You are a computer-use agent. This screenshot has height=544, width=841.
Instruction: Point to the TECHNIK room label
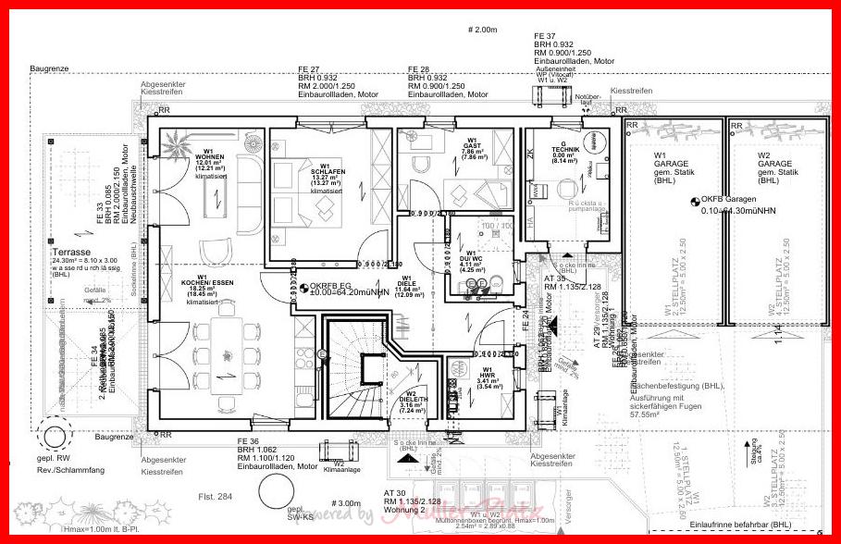(x=564, y=149)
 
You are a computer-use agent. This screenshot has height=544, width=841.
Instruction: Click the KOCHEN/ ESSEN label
(x=202, y=281)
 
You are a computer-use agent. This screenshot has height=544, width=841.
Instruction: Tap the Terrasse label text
(x=70, y=252)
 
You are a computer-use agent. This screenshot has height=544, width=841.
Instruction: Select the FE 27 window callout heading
(x=309, y=69)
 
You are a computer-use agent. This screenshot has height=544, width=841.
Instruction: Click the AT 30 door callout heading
(x=395, y=493)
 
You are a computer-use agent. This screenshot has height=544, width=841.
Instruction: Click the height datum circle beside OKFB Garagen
(x=696, y=200)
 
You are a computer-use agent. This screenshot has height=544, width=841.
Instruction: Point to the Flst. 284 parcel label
(x=214, y=497)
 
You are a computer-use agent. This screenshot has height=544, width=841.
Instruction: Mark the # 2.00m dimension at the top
(x=482, y=30)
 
